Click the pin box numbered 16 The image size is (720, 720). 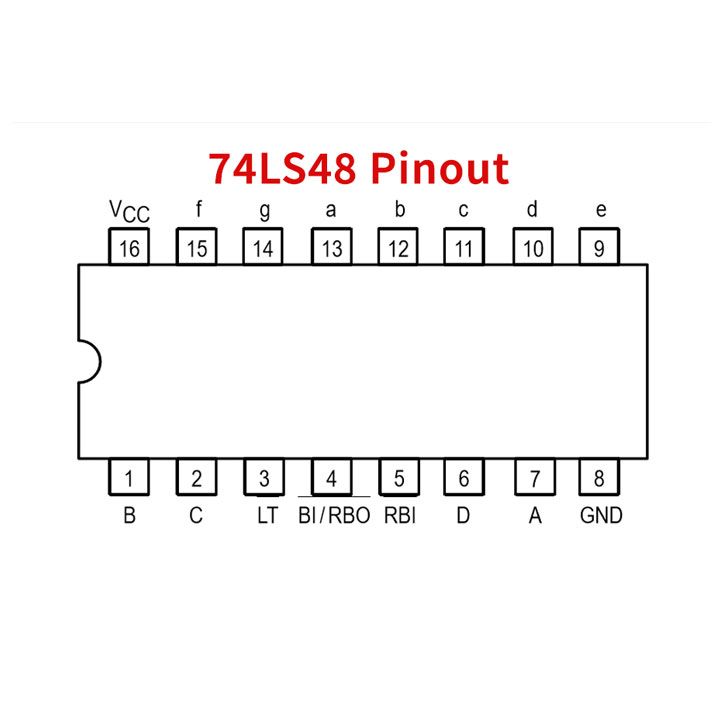coord(129,248)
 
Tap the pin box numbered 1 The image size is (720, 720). coord(129,478)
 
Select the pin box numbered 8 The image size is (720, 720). coord(599,478)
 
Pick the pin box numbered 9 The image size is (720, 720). coord(599,248)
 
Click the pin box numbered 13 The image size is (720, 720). coord(331,248)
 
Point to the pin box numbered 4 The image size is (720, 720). coord(331,478)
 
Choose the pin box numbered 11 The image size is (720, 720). coord(464,248)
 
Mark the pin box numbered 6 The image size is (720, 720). coord(464,478)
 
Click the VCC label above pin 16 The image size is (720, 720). coord(129,212)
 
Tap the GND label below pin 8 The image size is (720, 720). coord(600,516)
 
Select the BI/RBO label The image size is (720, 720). coord(334,516)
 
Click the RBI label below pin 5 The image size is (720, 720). coord(400,516)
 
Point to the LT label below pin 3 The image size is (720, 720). coord(266,516)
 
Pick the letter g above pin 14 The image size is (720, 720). coord(264,212)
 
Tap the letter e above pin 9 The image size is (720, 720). coord(600,210)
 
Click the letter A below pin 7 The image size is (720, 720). coord(535,516)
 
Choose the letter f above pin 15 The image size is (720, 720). coord(198,210)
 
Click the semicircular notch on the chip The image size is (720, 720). coord(89,361)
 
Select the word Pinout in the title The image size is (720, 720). coord(440,168)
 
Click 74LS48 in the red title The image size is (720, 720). coord(281,168)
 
